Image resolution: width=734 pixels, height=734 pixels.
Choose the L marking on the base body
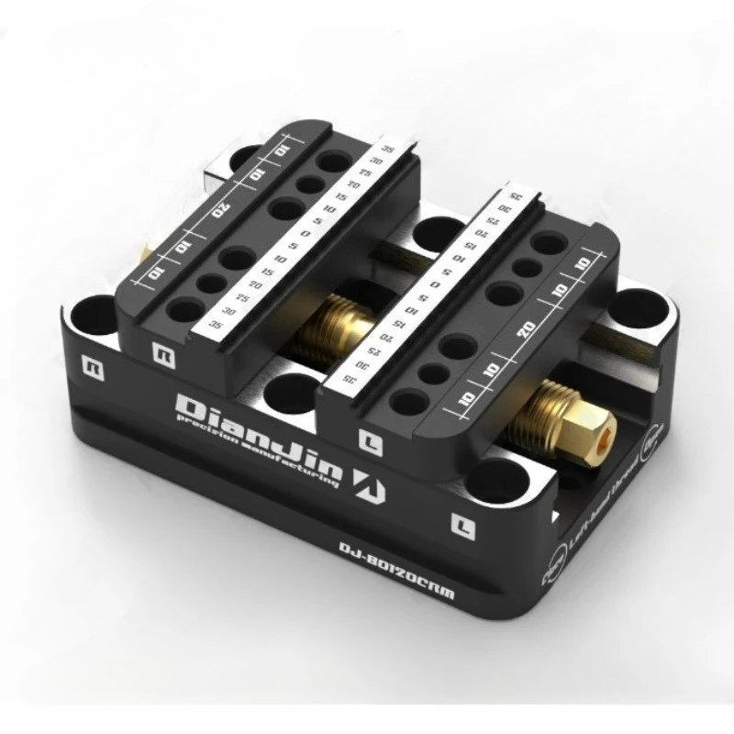[x=464, y=525]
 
